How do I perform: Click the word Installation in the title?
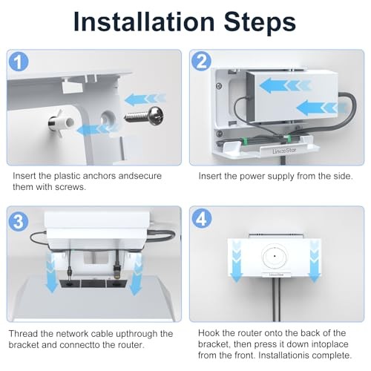coord(144,22)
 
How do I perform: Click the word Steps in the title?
coord(260,22)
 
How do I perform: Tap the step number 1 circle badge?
coord(19,62)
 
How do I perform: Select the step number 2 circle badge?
coord(202,61)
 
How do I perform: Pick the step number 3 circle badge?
coord(19,220)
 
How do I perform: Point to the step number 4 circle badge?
coord(202,219)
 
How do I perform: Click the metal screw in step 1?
coord(145,116)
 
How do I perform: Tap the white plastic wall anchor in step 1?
coord(61,122)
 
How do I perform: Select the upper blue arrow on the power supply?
coord(284,85)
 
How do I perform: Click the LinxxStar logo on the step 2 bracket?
coord(284,151)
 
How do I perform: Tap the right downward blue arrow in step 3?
coord(135,275)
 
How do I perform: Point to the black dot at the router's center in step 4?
coord(275,256)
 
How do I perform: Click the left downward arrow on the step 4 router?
coord(237,262)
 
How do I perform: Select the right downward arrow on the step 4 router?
coord(315,262)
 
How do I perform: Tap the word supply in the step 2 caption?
coord(279,177)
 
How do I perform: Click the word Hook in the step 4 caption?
coord(209,333)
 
